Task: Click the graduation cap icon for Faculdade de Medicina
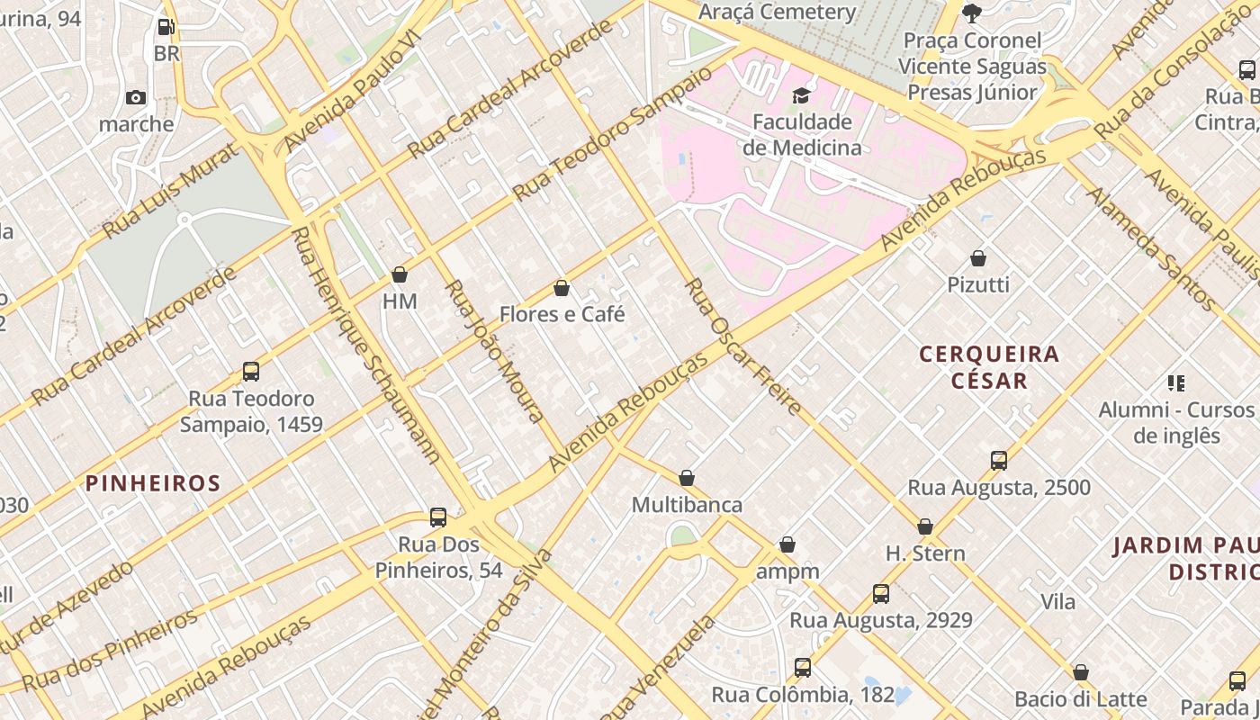click(800, 96)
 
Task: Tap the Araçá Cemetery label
click(778, 12)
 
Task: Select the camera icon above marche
click(136, 97)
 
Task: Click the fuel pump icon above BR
click(166, 28)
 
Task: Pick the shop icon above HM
click(400, 274)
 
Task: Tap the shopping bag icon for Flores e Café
click(562, 288)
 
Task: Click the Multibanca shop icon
click(687, 478)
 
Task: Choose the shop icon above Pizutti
click(978, 258)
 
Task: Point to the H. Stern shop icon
click(925, 526)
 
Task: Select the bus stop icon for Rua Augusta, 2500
click(999, 461)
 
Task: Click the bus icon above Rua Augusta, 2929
click(881, 594)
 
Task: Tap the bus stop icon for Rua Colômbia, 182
click(803, 668)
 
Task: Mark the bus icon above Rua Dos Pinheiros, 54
click(438, 517)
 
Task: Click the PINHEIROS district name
click(153, 483)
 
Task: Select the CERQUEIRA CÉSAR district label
click(989, 367)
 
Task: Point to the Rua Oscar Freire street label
click(742, 346)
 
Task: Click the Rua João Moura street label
click(495, 351)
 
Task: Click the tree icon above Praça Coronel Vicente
click(971, 13)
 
